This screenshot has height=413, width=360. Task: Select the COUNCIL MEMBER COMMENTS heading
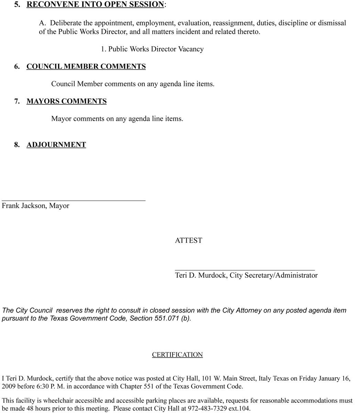86,66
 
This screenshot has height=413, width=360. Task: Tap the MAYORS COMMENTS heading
66,101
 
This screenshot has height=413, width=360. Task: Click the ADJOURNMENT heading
56,145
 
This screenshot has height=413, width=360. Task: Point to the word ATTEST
188,241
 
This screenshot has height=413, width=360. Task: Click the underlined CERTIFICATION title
177,355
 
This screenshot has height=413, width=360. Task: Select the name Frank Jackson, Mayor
35,206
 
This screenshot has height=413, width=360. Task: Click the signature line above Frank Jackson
74,200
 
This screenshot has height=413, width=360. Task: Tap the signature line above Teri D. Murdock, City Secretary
245,270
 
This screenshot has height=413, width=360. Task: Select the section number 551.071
166,318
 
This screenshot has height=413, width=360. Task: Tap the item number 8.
17,145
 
